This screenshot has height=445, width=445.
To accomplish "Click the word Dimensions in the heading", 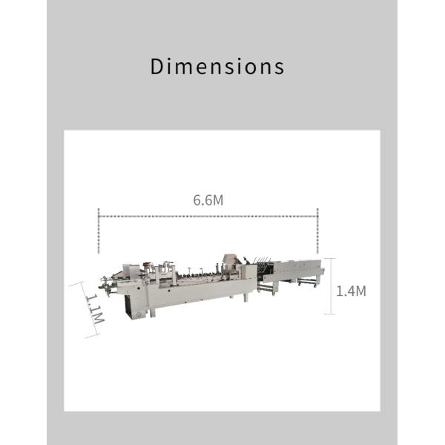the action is pyautogui.click(x=217, y=67).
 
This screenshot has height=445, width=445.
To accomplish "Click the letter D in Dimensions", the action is pyautogui.click(x=157, y=67).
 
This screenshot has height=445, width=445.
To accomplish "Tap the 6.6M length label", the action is pyautogui.click(x=208, y=200).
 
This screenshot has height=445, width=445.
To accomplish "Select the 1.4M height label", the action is pyautogui.click(x=351, y=291).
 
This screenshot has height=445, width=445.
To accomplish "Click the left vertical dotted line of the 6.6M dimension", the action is pyautogui.click(x=99, y=231).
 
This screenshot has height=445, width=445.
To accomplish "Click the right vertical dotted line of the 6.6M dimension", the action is pyautogui.click(x=317, y=231).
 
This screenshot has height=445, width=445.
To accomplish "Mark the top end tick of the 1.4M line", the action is pyautogui.click(x=330, y=259).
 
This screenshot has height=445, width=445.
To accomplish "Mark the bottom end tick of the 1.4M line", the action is pyautogui.click(x=330, y=314).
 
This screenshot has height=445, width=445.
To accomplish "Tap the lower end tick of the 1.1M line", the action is pyautogui.click(x=92, y=336).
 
